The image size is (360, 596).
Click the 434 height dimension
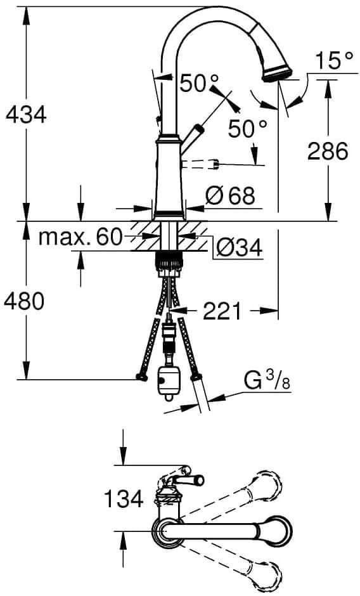(x=26, y=113)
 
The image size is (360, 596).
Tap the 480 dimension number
(x=24, y=301)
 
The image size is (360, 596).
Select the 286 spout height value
(x=327, y=151)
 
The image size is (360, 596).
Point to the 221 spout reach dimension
(x=222, y=311)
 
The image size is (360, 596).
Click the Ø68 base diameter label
(x=230, y=196)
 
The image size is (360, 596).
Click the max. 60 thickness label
(x=80, y=237)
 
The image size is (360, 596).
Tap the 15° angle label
(x=333, y=60)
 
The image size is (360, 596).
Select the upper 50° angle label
(x=199, y=83)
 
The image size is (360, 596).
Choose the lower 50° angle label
(x=247, y=129)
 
